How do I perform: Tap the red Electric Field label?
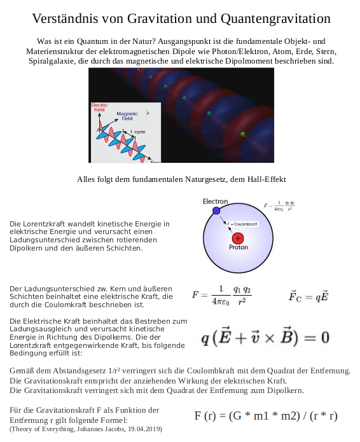pyautogui.click(x=99, y=107)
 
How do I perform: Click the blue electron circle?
pyautogui.click(x=216, y=211)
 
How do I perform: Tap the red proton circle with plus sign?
pyautogui.click(x=238, y=238)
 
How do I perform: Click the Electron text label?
pyautogui.click(x=215, y=202)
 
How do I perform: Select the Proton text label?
pyautogui.click(x=239, y=248)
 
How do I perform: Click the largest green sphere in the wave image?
pyautogui.click(x=242, y=134)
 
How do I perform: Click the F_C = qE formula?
pyautogui.click(x=308, y=297)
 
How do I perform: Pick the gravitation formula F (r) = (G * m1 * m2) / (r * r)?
pyautogui.click(x=265, y=416)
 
